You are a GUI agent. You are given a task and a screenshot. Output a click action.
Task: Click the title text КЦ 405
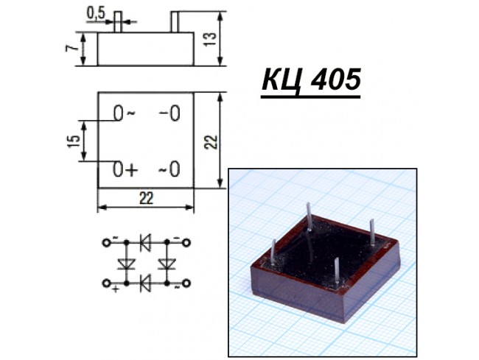click(311, 80)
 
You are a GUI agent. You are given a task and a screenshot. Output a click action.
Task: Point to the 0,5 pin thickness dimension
click(96, 14)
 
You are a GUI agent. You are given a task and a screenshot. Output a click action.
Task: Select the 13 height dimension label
click(210, 39)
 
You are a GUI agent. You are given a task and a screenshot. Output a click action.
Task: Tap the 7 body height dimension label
click(70, 48)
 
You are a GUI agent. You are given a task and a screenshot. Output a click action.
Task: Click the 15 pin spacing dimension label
click(73, 141)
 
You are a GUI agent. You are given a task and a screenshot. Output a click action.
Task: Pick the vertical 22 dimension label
click(211, 141)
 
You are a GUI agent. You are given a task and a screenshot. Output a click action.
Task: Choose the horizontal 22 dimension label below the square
click(146, 198)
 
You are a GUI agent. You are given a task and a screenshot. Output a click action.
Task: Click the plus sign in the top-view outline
click(131, 170)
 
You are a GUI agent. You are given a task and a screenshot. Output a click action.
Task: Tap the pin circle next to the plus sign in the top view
click(118, 169)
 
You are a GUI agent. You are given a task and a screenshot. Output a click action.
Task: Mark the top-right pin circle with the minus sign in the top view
click(175, 113)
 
